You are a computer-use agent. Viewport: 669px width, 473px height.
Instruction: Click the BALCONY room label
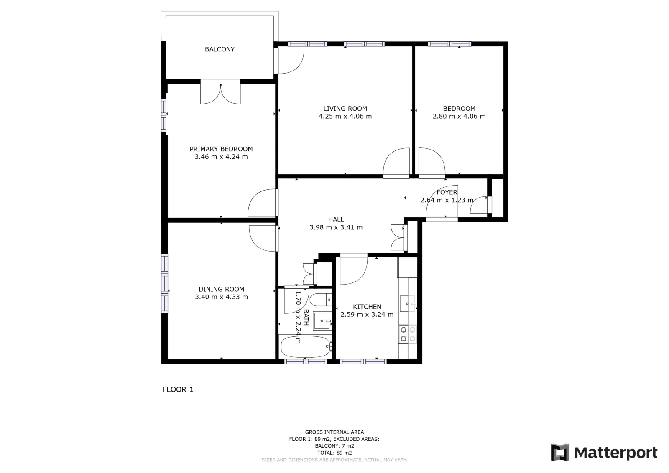coord(220,49)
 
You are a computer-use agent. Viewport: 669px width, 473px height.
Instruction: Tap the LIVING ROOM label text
coord(345,109)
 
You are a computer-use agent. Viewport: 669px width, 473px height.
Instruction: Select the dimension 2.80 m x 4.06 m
coord(459,117)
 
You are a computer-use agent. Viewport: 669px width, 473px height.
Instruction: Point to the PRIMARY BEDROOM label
coord(221,149)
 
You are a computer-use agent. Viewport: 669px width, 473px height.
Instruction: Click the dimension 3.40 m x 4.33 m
coord(221,297)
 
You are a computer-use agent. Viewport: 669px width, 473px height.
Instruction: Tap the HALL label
coord(336,220)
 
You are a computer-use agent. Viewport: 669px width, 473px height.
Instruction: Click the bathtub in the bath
coord(305,346)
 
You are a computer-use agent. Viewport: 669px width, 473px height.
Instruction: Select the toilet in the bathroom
coord(321,300)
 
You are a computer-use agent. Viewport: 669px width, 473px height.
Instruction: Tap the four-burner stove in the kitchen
coord(408,334)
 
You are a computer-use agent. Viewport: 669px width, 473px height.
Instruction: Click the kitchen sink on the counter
coord(408,303)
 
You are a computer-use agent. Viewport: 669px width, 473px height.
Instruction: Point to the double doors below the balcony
coord(220,92)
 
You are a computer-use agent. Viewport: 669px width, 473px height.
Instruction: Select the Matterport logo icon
coord(560,453)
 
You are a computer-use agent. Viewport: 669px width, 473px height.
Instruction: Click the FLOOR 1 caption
coord(178,389)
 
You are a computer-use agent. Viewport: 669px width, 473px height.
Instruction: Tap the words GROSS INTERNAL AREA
coord(334,432)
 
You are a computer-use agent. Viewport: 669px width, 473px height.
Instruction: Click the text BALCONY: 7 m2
coord(334,446)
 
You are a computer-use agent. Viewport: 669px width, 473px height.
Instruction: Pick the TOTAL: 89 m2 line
coord(334,453)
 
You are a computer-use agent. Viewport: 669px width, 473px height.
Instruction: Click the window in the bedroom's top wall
coord(449,44)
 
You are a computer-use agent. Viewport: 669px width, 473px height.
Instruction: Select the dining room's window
coord(165,283)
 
